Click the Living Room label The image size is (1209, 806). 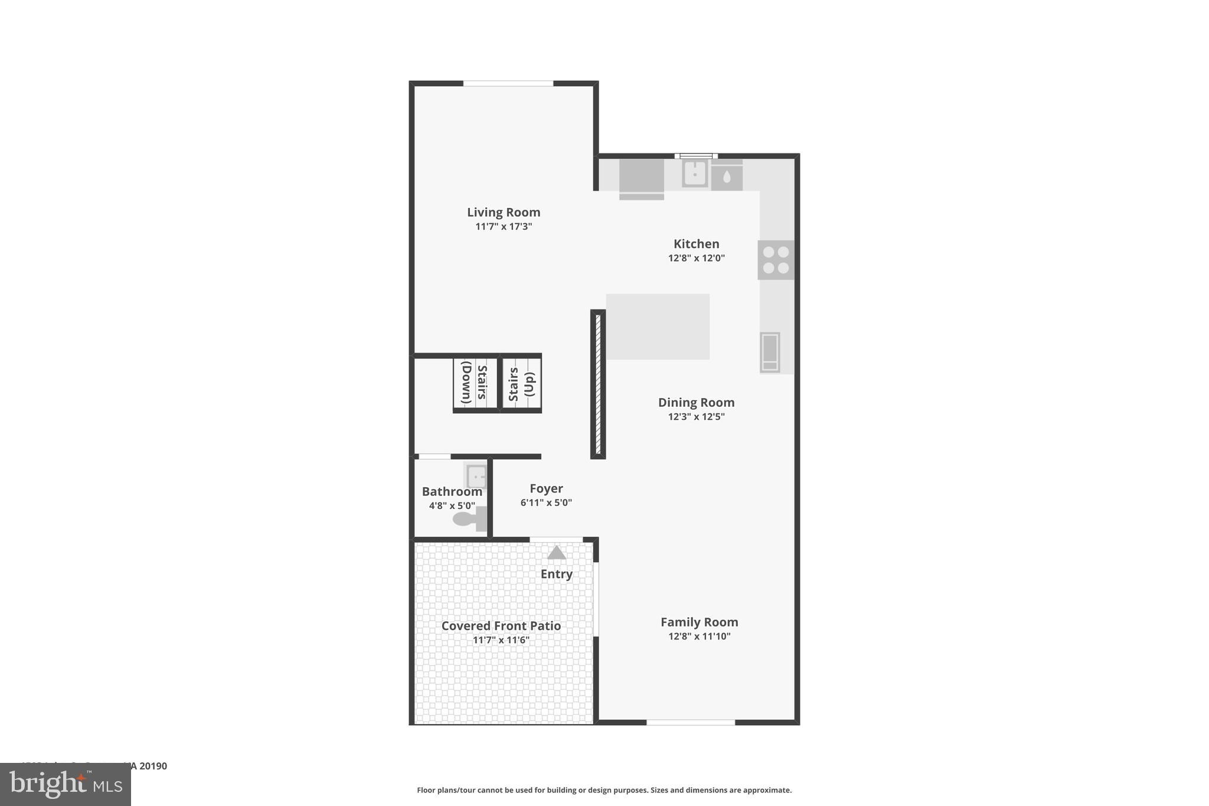(504, 212)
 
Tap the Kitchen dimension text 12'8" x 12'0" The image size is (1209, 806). (696, 258)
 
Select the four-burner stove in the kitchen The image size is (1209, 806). (776, 260)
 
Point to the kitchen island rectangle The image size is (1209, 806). (658, 327)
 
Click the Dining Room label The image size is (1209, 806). (696, 403)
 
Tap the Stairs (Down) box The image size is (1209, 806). (476, 383)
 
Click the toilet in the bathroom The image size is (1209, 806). (469, 519)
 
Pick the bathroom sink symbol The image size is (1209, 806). (476, 476)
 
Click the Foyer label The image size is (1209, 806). (546, 488)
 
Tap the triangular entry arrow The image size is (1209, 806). (557, 553)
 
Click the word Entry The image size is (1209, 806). (556, 574)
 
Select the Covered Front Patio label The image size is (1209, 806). (501, 626)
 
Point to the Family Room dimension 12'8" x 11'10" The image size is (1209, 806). (699, 637)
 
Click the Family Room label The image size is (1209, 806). (699, 622)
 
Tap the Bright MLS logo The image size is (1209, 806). (66, 784)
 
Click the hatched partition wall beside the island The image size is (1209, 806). (598, 384)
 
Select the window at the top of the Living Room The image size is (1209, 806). (508, 83)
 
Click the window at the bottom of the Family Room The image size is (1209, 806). (691, 722)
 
